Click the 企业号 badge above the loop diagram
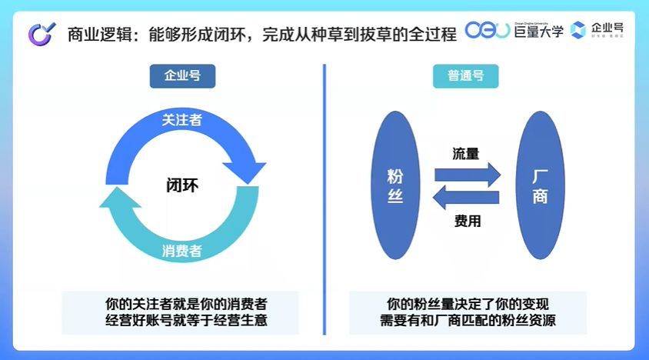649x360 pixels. (x=181, y=75)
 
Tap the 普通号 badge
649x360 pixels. (x=465, y=75)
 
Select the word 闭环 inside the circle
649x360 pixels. (x=182, y=185)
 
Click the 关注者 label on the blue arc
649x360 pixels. (x=182, y=120)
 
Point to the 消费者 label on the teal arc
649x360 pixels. (x=182, y=251)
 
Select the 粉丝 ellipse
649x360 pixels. (x=395, y=185)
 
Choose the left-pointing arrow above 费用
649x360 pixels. (x=466, y=198)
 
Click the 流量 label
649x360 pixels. (x=465, y=153)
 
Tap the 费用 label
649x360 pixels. (x=467, y=222)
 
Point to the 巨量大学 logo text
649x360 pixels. (x=538, y=31)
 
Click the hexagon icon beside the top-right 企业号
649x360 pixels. (x=578, y=31)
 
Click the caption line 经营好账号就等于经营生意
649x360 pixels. (x=182, y=320)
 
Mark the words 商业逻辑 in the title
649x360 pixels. (x=92, y=32)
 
